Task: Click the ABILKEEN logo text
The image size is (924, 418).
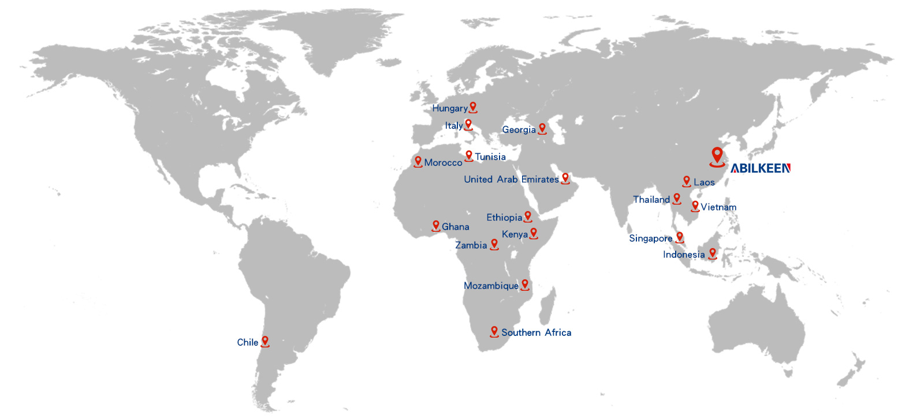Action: pyautogui.click(x=760, y=168)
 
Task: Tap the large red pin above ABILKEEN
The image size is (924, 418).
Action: pyautogui.click(x=717, y=157)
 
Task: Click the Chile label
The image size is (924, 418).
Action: pyautogui.click(x=247, y=342)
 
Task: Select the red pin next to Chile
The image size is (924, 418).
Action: pyautogui.click(x=265, y=341)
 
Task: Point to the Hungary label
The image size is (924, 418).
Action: pyautogui.click(x=449, y=108)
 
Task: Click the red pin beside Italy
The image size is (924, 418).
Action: pyautogui.click(x=468, y=124)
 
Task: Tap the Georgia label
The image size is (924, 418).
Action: pyautogui.click(x=519, y=130)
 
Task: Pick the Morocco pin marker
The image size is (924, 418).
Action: pyautogui.click(x=418, y=162)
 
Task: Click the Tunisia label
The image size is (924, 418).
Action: pyautogui.click(x=490, y=157)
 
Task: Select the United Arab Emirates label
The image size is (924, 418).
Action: pyautogui.click(x=511, y=179)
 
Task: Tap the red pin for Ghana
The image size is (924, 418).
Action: pyautogui.click(x=436, y=226)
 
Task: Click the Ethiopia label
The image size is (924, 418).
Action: pyautogui.click(x=504, y=217)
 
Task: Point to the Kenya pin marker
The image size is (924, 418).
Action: pyautogui.click(x=534, y=233)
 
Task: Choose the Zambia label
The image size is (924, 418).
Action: pyautogui.click(x=471, y=245)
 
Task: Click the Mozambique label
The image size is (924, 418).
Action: pyautogui.click(x=491, y=286)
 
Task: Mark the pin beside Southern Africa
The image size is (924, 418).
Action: pyautogui.click(x=494, y=331)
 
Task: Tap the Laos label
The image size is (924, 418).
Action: pyautogui.click(x=704, y=182)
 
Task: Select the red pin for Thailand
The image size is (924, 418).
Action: pyautogui.click(x=677, y=199)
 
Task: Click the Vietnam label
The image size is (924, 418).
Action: pyautogui.click(x=718, y=207)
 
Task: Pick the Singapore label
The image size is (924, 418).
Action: pyautogui.click(x=650, y=238)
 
